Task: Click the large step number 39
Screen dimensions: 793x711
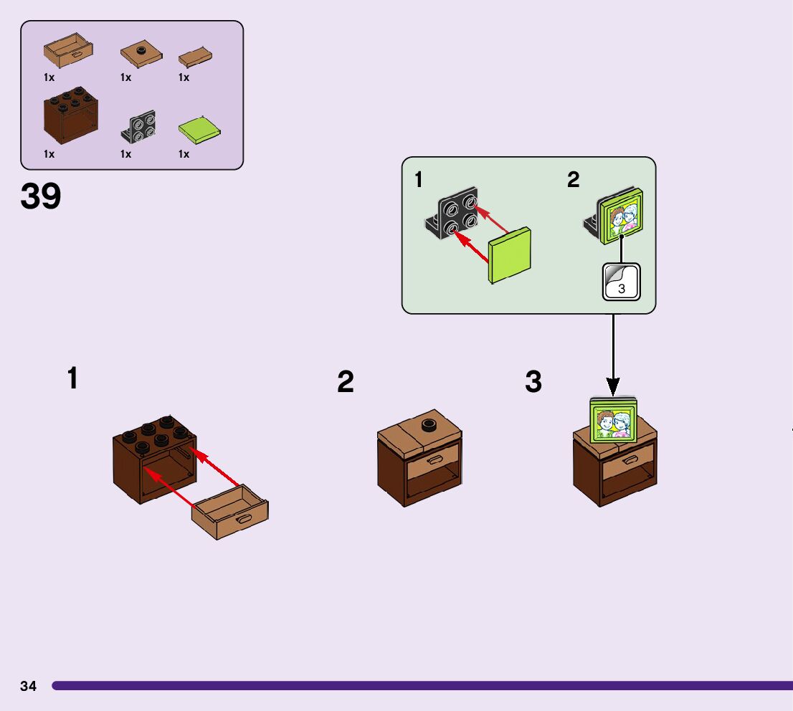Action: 41,197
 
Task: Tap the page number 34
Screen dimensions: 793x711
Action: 29,686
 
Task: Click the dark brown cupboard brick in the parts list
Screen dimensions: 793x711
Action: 70,116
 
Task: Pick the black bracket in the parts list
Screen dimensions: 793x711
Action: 139,128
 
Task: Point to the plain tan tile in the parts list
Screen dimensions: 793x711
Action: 195,58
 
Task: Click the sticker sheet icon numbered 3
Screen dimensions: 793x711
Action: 620,282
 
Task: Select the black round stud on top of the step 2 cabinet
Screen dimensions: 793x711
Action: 430,424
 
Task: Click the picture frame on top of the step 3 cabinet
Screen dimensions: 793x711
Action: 614,421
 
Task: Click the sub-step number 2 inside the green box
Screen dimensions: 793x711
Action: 573,180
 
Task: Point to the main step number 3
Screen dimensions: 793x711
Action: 533,383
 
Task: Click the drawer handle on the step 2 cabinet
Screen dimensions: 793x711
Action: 435,460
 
